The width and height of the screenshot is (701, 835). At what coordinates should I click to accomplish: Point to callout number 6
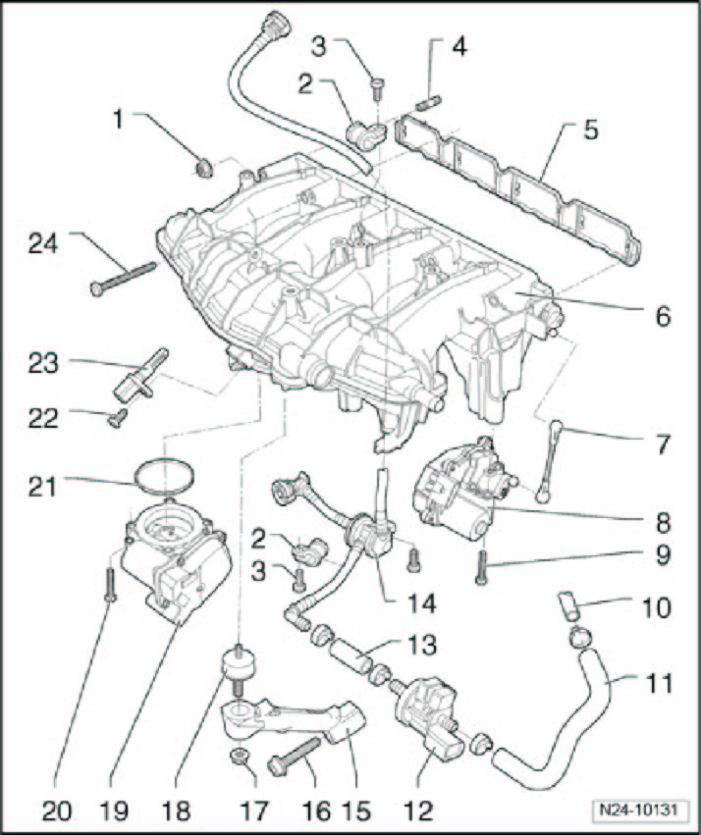pos(662,316)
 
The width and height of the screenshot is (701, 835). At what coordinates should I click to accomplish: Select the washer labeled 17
pos(238,757)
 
